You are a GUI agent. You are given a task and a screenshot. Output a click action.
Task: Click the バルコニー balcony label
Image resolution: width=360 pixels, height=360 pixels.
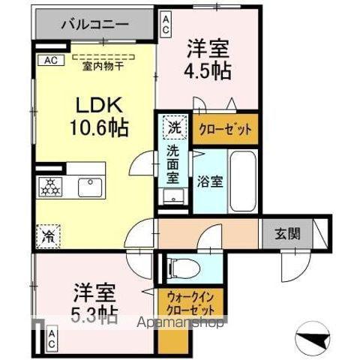coord(93,23)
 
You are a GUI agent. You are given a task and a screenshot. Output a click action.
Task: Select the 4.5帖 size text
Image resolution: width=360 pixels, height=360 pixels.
coord(209,70)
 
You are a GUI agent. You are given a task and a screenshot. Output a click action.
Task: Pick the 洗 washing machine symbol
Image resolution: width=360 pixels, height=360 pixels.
coord(173,127)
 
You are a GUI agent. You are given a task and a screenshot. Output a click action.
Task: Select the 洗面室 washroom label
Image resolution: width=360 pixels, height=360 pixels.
coord(173,166)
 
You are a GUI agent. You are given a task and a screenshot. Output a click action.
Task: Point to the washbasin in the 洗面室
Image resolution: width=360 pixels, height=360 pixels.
coord(172,197)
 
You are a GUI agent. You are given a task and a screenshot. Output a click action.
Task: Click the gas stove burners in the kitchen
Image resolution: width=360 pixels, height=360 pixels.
coord(52,187)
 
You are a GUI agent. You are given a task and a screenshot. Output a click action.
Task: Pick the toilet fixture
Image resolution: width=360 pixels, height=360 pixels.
coord(181,267)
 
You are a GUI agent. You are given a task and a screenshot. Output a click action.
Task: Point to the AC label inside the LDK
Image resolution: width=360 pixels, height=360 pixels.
coord(51,60)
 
